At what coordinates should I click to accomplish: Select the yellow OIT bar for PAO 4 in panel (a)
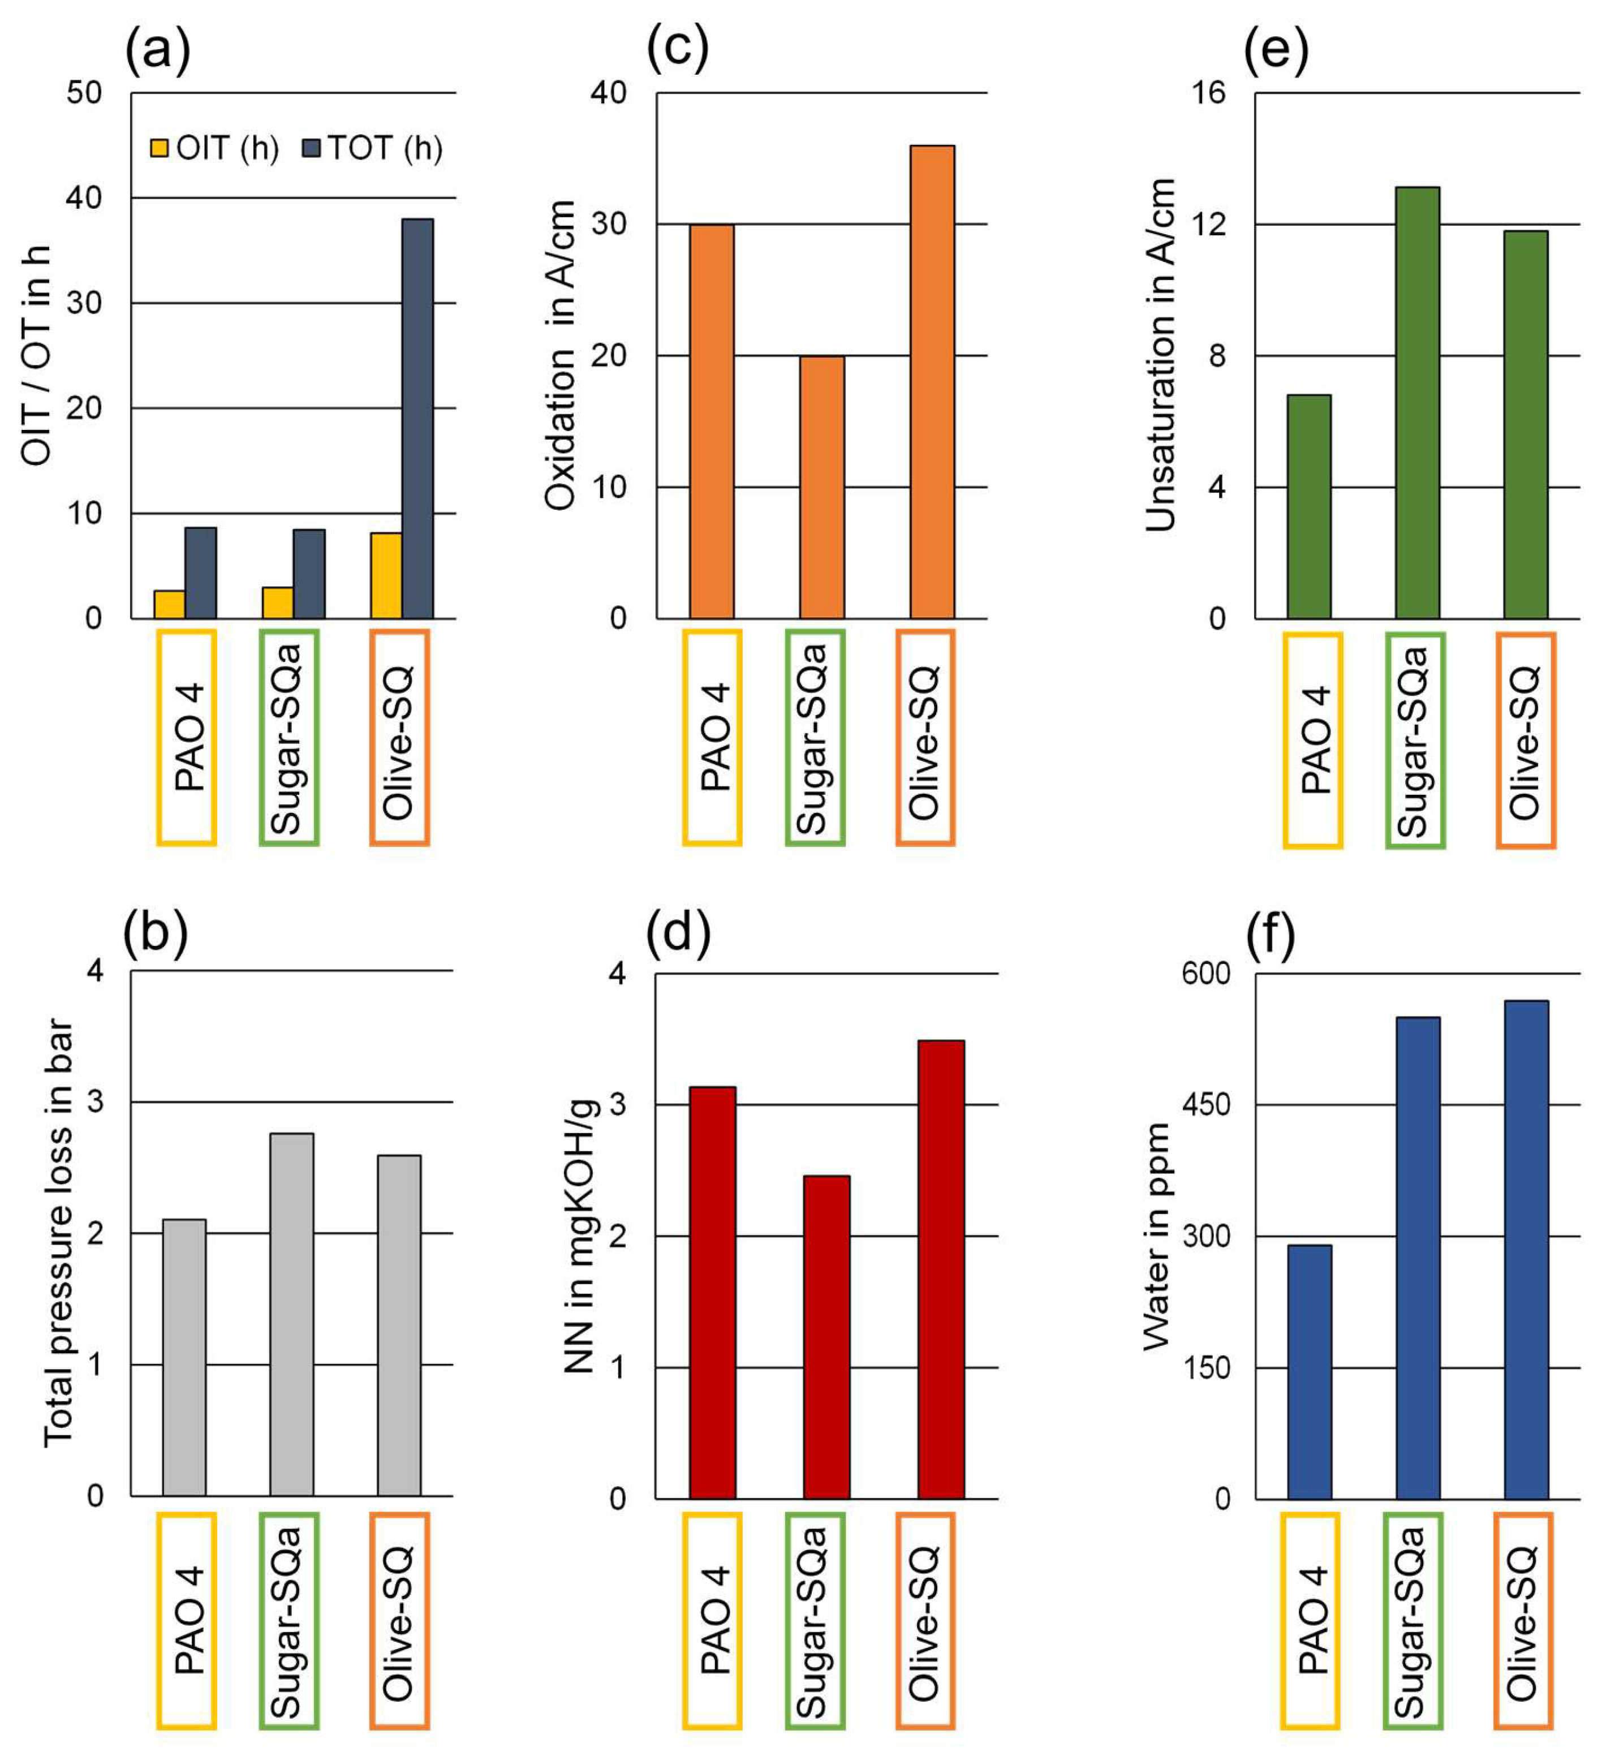(169, 605)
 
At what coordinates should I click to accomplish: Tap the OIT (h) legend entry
(215, 148)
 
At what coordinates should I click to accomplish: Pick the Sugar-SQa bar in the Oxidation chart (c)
(821, 487)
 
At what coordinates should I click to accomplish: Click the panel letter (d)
(678, 933)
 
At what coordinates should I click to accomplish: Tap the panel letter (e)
(1276, 50)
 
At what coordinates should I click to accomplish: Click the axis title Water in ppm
(1156, 1236)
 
